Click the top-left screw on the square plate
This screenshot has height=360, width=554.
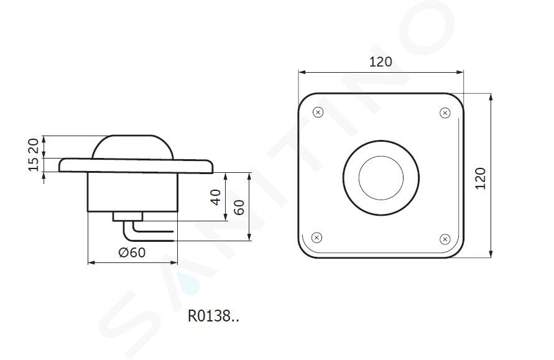(x=318, y=113)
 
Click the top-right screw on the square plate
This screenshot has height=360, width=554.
(x=445, y=113)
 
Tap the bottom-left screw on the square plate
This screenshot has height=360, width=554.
(x=316, y=238)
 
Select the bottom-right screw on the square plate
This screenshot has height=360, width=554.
(x=445, y=239)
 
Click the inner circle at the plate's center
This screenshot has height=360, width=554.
(x=381, y=178)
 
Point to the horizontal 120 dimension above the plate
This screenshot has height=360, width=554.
(x=381, y=62)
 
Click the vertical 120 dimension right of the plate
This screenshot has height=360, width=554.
(x=481, y=178)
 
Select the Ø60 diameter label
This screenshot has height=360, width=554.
(x=132, y=252)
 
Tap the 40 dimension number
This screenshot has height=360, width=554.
(x=216, y=196)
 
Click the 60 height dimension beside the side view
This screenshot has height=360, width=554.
(x=239, y=207)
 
